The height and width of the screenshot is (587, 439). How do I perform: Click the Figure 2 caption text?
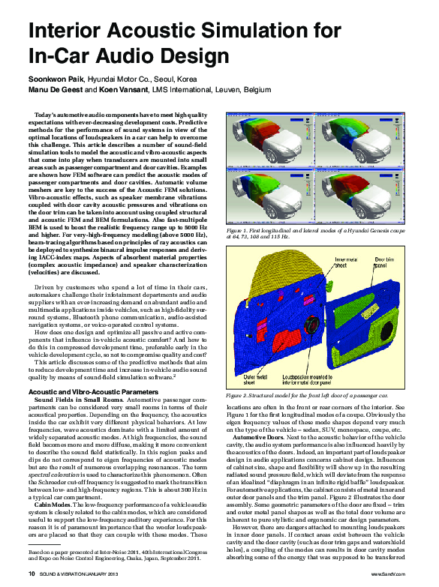tap(307, 394)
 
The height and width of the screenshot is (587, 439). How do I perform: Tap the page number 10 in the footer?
tap(32, 574)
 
